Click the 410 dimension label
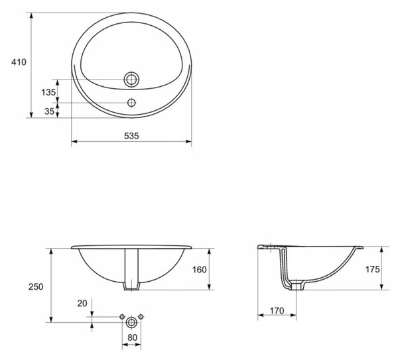click(x=19, y=62)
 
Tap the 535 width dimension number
click(x=131, y=136)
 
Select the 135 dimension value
click(x=48, y=92)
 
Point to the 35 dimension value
click(x=50, y=111)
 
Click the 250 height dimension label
click(x=36, y=287)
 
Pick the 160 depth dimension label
click(x=200, y=270)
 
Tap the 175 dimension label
click(x=373, y=269)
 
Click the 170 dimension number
click(x=277, y=311)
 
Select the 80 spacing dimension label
click(x=132, y=337)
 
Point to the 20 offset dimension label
click(x=82, y=304)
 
